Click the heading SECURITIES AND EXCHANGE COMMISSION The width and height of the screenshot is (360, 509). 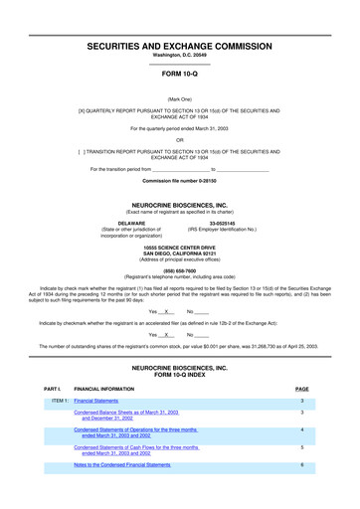(x=180, y=46)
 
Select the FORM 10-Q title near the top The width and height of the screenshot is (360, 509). (x=180, y=74)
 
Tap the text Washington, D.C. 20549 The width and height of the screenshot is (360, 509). (x=180, y=56)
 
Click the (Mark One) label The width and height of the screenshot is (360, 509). (x=180, y=99)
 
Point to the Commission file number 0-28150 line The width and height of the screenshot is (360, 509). (x=180, y=182)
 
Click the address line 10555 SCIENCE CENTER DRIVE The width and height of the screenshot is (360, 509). (x=180, y=246)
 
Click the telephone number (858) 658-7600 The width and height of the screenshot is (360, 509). (x=180, y=269)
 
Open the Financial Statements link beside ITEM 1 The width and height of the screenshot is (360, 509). (x=96, y=401)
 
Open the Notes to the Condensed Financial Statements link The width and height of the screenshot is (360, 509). (x=122, y=464)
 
